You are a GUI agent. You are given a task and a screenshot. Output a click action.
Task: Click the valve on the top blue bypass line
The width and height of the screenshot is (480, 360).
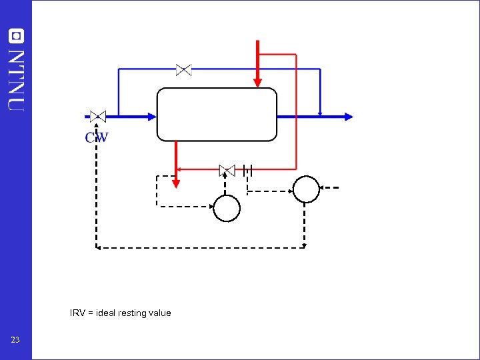(x=183, y=69)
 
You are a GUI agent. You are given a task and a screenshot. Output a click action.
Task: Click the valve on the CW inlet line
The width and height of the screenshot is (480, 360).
(x=98, y=116)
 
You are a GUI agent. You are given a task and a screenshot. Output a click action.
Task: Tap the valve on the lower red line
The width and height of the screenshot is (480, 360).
(x=227, y=171)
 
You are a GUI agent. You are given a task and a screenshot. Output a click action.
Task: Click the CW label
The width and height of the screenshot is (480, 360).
(x=97, y=138)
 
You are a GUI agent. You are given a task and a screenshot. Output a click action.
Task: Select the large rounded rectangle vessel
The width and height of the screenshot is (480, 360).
(x=217, y=115)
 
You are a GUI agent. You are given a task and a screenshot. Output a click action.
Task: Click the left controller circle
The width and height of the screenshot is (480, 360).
(x=227, y=208)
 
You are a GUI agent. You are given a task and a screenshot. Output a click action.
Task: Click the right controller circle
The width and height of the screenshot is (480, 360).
(x=307, y=189)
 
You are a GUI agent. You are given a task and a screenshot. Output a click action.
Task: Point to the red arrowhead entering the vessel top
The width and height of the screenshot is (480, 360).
(x=257, y=82)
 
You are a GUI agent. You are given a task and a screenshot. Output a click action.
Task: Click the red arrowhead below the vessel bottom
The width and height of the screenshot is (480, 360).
(x=176, y=182)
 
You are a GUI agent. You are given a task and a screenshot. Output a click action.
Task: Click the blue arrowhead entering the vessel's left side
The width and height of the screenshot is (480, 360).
(x=151, y=116)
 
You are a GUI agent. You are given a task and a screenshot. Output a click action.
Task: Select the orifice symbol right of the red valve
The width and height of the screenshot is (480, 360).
(x=248, y=171)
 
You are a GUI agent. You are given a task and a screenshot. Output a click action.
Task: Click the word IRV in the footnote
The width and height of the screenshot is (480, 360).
(x=77, y=313)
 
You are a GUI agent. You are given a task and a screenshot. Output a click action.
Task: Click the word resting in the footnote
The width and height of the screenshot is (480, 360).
(x=133, y=313)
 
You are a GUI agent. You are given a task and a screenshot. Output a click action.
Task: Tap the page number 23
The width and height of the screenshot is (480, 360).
(x=15, y=340)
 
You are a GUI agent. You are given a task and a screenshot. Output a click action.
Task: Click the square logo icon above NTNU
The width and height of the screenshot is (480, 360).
(x=16, y=35)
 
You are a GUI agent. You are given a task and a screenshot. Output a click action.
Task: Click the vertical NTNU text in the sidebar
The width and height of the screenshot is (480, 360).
(x=16, y=80)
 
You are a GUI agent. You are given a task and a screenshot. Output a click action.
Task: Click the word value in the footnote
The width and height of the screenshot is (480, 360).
(x=161, y=313)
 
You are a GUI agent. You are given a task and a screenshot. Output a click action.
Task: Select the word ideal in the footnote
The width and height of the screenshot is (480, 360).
(x=105, y=313)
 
